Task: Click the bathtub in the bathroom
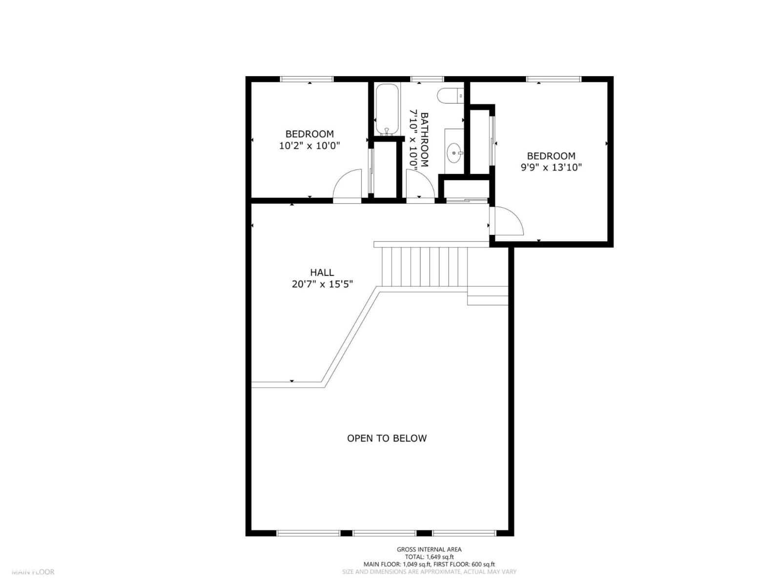(x=388, y=109)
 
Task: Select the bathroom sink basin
(x=455, y=153)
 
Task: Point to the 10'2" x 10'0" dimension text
(x=309, y=146)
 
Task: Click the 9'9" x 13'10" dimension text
(x=551, y=167)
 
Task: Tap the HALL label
(x=322, y=272)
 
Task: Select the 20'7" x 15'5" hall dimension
(x=322, y=284)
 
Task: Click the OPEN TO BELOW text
(x=387, y=439)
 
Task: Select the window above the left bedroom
(x=307, y=79)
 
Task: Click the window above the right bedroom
(x=554, y=79)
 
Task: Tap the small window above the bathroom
(x=427, y=79)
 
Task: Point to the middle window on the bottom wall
(x=385, y=533)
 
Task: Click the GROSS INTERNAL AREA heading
(x=429, y=549)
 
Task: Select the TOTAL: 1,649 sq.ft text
(x=429, y=557)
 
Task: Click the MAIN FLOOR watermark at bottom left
(x=33, y=572)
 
